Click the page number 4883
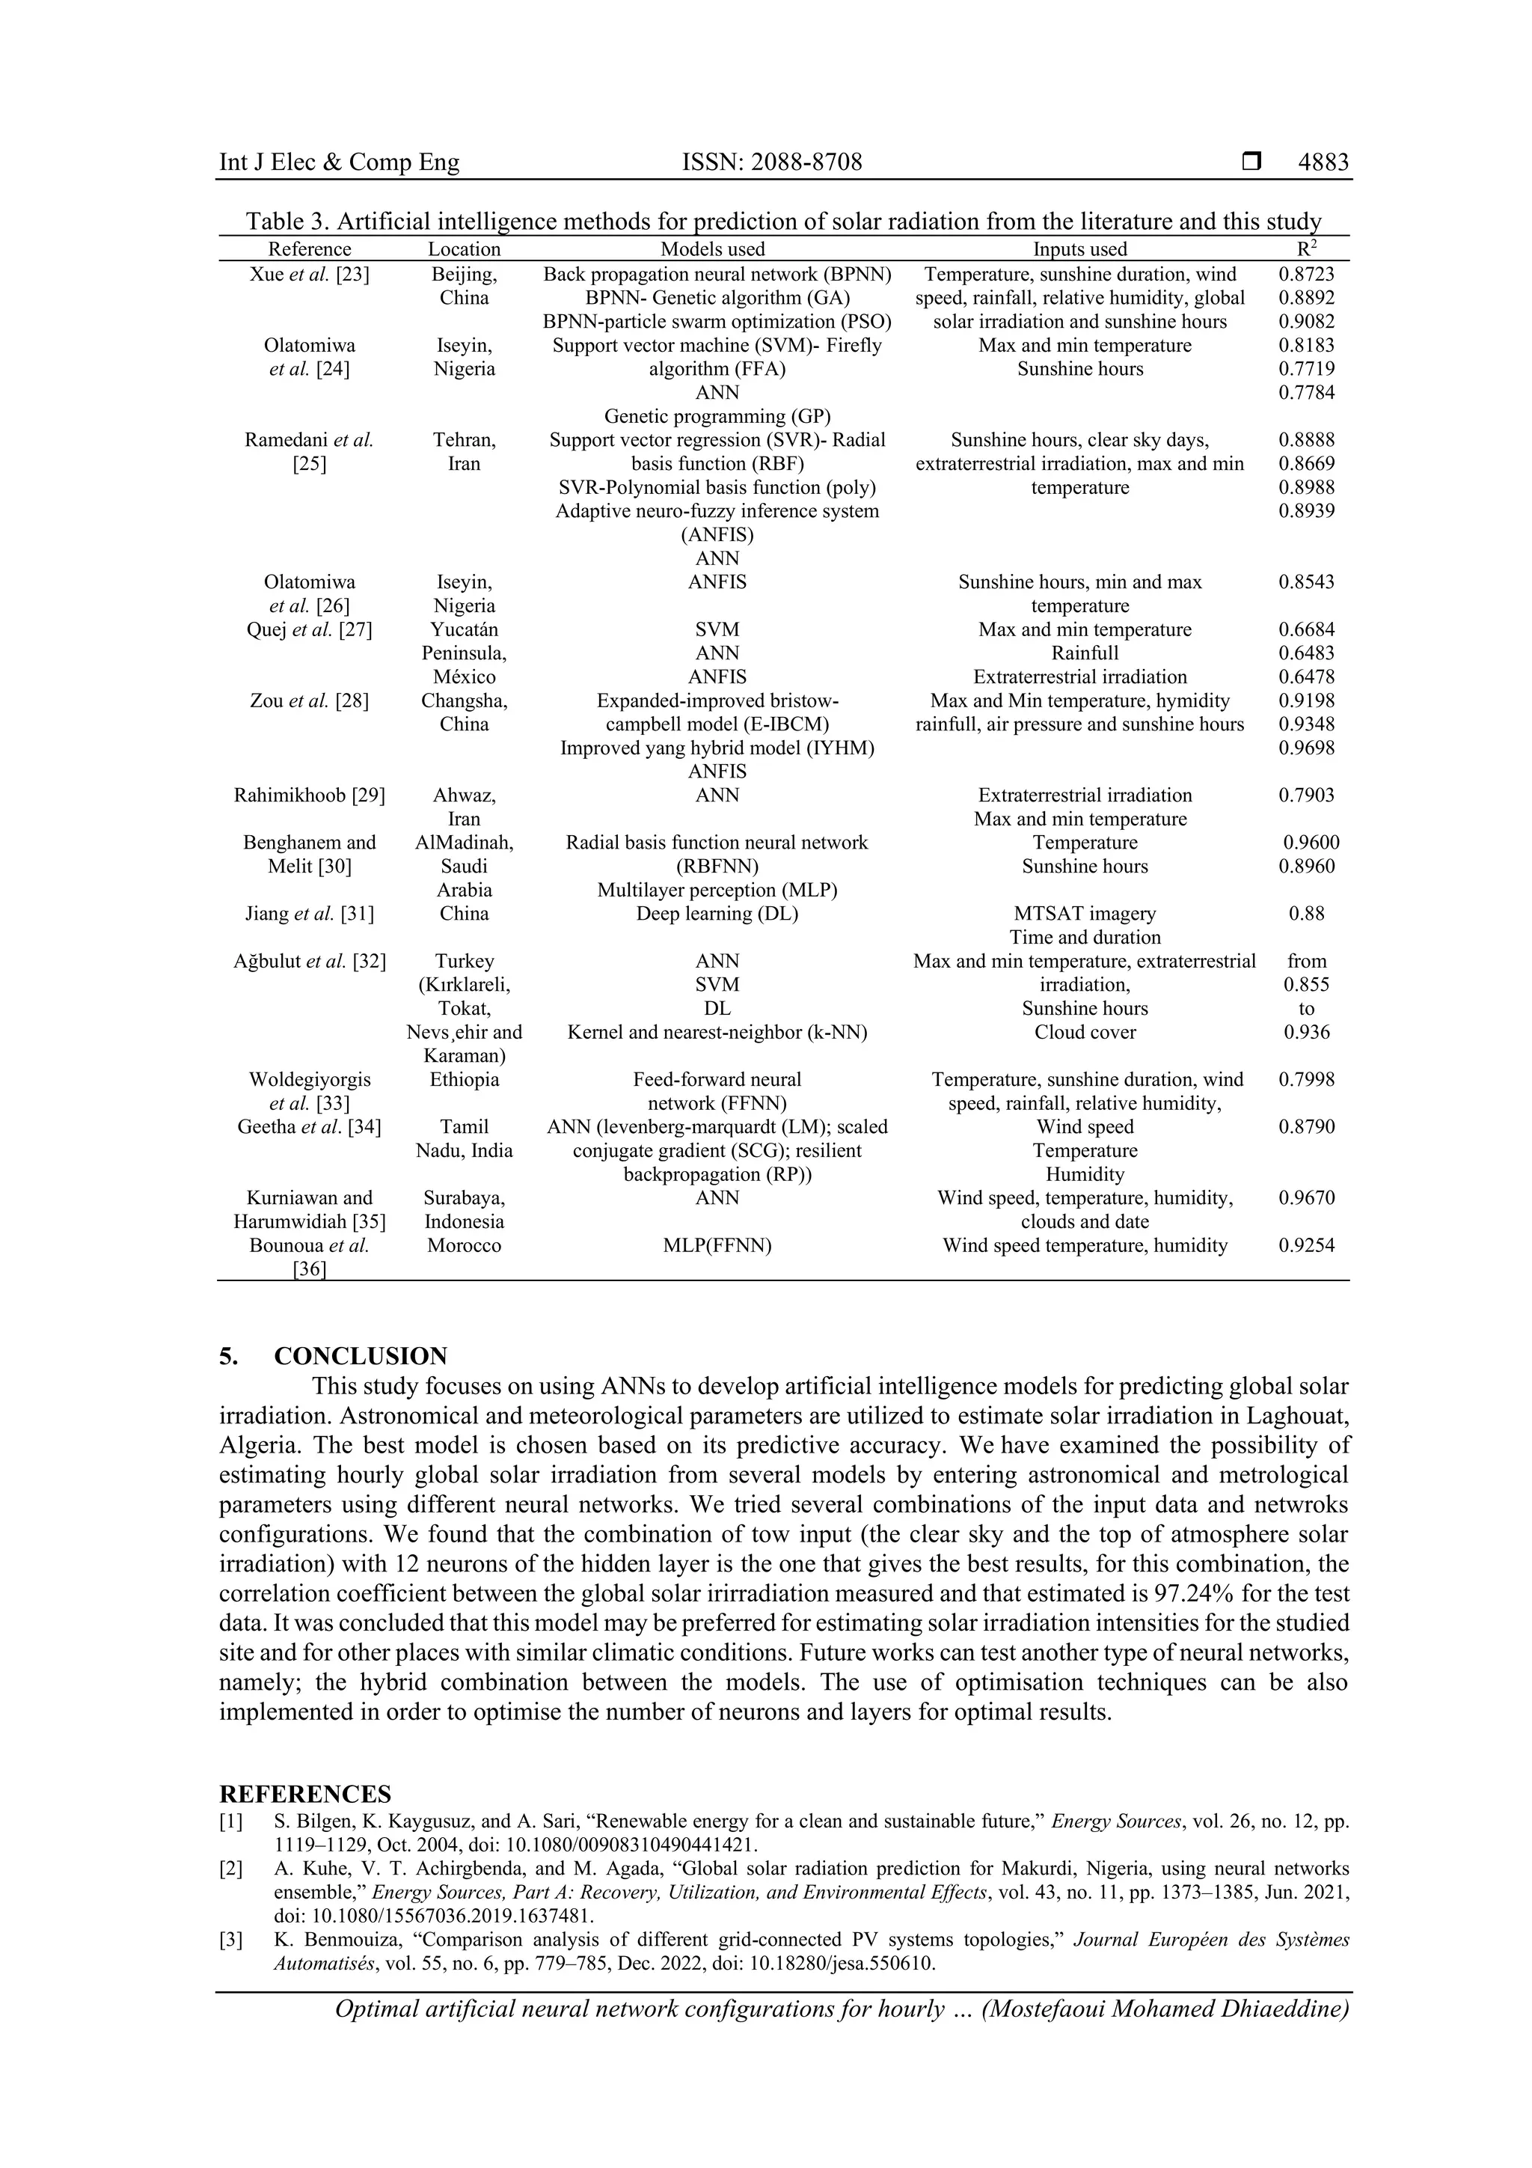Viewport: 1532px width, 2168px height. pyautogui.click(x=1323, y=162)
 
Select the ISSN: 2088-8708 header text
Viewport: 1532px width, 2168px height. pyautogui.click(x=771, y=162)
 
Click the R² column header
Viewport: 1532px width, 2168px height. pyautogui.click(x=1306, y=248)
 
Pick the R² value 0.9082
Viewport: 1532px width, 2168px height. pyautogui.click(x=1306, y=321)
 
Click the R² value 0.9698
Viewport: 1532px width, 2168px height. pyautogui.click(x=1306, y=748)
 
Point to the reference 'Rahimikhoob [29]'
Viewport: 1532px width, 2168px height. pyautogui.click(x=309, y=795)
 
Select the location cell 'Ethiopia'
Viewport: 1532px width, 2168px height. pyautogui.click(x=464, y=1079)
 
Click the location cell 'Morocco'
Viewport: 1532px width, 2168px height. pyautogui.click(x=464, y=1245)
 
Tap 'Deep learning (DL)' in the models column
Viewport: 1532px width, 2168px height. pyautogui.click(x=717, y=913)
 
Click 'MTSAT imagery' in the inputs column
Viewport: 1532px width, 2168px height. pyautogui.click(x=1085, y=913)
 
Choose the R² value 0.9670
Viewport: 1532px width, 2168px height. pyautogui.click(x=1306, y=1197)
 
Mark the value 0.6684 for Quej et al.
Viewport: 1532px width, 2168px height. pyautogui.click(x=1306, y=629)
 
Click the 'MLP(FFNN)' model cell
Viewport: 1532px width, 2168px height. pyautogui.click(x=717, y=1245)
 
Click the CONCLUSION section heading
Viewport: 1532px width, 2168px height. pyautogui.click(x=360, y=1356)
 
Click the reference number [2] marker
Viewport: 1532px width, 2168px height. pyautogui.click(x=230, y=1868)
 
